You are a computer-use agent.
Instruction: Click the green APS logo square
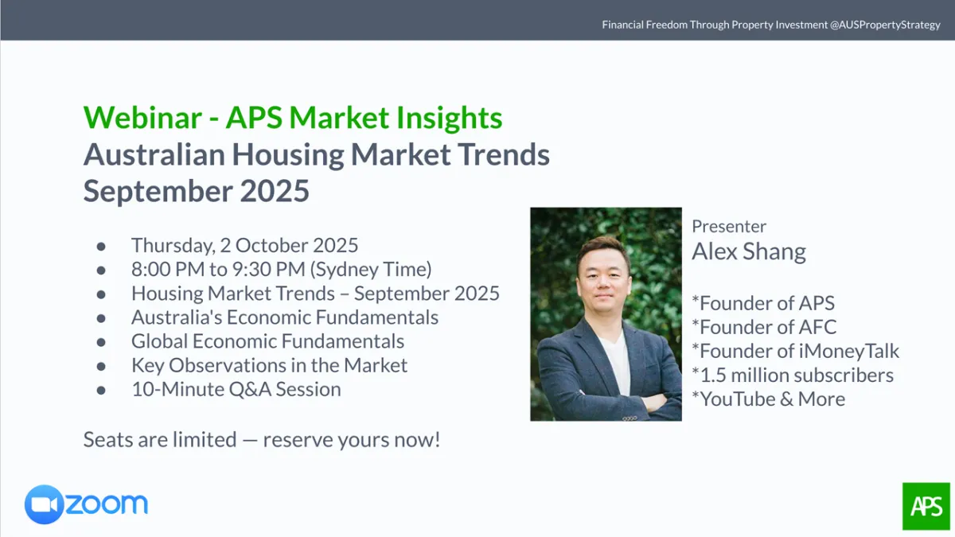[x=926, y=506]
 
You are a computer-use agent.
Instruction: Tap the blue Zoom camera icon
[x=45, y=504]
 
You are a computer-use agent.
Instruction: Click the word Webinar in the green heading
[x=142, y=117]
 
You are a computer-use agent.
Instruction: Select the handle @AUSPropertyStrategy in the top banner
[x=885, y=25]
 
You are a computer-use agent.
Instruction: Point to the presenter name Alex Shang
[x=749, y=251]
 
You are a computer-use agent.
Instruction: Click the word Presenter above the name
[x=729, y=226]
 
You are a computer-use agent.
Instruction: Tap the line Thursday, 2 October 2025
[x=245, y=246]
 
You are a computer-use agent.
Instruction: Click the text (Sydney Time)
[x=371, y=270]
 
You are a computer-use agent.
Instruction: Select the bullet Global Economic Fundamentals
[x=267, y=341]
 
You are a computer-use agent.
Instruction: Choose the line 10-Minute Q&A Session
[x=236, y=389]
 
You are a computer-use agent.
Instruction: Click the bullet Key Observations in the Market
[x=269, y=365]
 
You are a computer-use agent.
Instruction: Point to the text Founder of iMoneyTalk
[x=799, y=351]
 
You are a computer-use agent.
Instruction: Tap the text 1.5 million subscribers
[x=797, y=375]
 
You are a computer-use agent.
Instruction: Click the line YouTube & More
[x=772, y=399]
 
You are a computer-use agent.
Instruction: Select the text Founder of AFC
[x=768, y=327]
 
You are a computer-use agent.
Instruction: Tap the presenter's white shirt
[x=616, y=362]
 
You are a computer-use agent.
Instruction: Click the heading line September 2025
[x=196, y=191]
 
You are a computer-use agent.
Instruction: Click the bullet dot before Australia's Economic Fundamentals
[x=101, y=318]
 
